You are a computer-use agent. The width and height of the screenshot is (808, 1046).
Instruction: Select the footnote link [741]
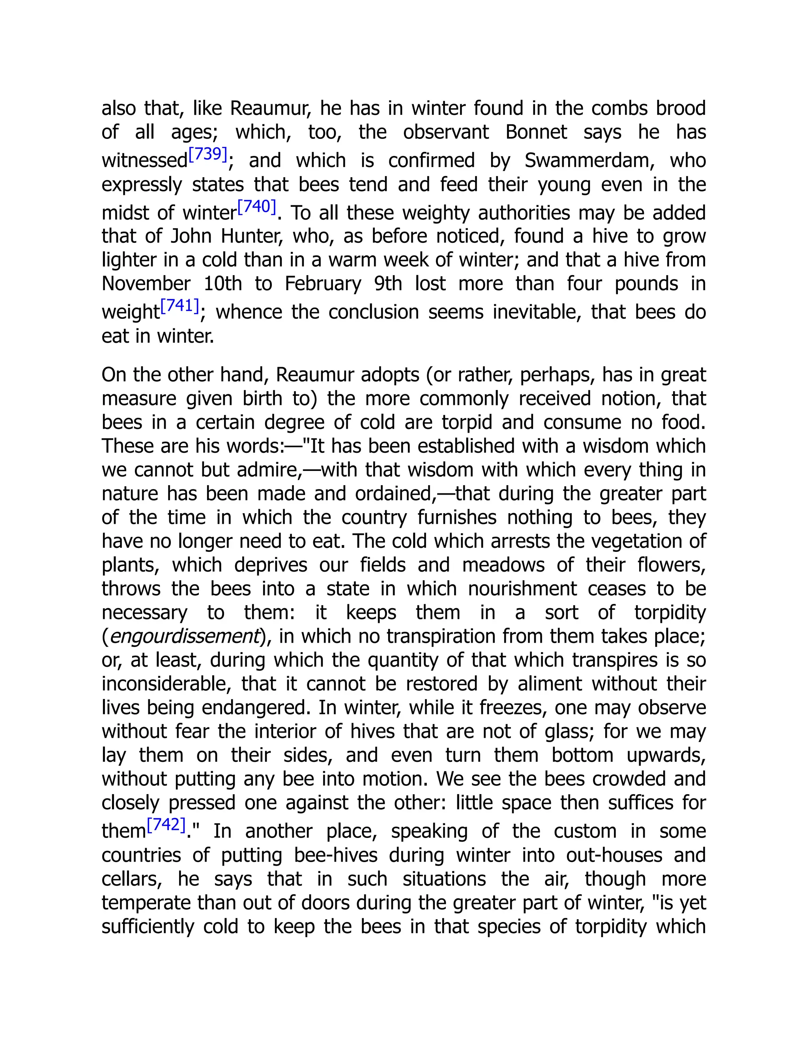[x=180, y=306]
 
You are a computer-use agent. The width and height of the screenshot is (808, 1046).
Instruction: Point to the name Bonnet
[x=536, y=132]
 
